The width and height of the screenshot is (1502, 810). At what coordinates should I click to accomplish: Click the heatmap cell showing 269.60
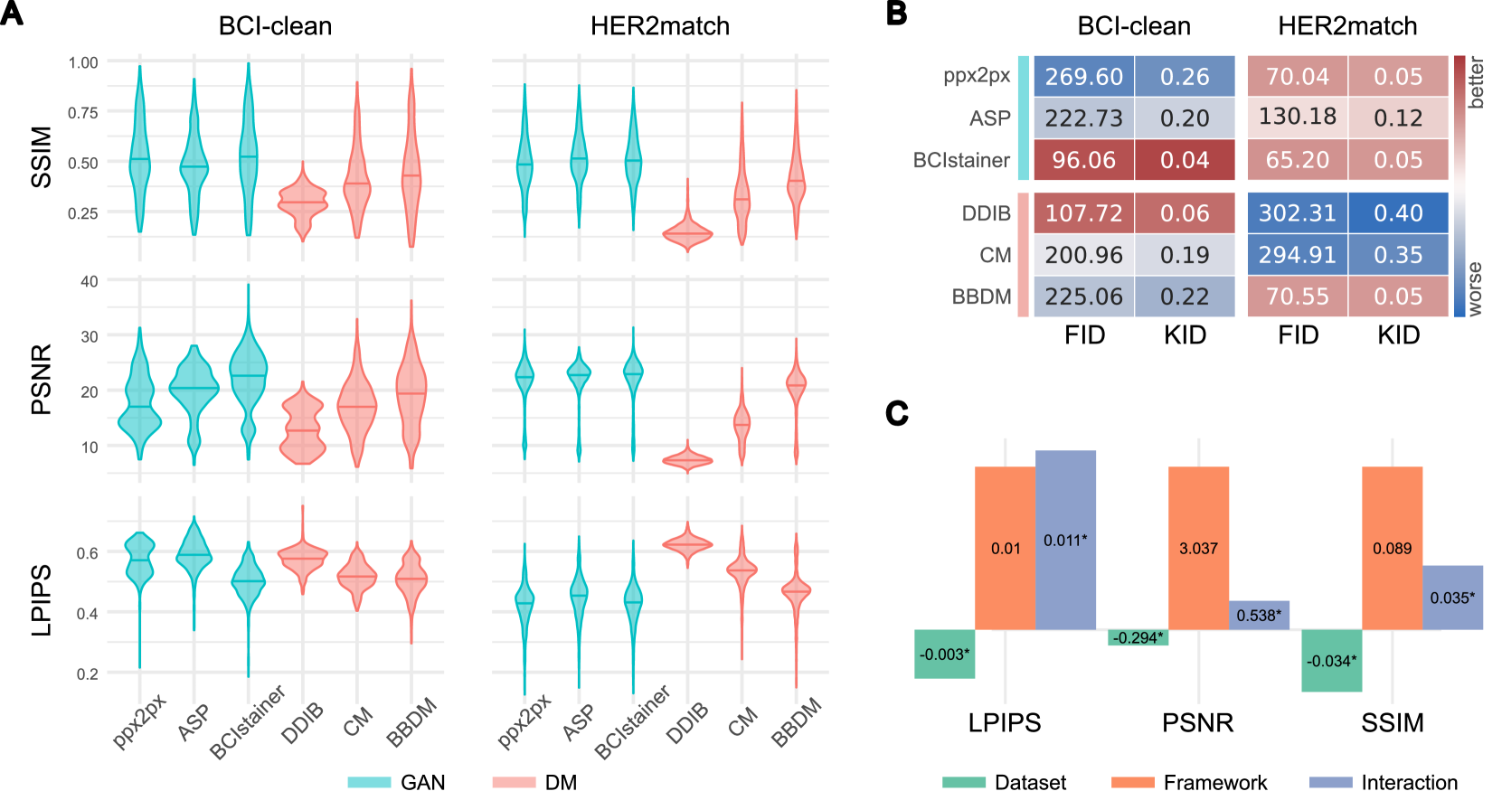point(1083,77)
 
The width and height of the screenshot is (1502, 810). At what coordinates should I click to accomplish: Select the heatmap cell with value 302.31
point(1297,213)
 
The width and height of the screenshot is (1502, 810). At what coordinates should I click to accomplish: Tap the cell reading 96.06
point(1083,160)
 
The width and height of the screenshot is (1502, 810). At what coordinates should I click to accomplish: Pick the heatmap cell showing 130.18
point(1297,118)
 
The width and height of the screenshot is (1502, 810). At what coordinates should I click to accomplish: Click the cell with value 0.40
point(1398,213)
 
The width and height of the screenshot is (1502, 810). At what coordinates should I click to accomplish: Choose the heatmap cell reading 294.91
point(1297,255)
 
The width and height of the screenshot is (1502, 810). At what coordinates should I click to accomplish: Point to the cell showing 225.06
point(1083,297)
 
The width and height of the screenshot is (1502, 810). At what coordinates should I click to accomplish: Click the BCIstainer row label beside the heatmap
point(961,161)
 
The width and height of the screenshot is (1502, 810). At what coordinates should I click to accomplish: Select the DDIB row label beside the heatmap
point(986,214)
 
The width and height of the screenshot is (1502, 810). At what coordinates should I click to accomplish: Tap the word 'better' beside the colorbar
point(1476,82)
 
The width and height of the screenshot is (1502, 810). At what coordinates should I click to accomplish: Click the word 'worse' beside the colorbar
point(1476,289)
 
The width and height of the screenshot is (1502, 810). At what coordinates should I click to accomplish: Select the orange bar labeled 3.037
point(1198,548)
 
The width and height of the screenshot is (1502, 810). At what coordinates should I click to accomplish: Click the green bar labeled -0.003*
point(944,654)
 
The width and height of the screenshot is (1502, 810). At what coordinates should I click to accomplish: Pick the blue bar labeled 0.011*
point(1065,540)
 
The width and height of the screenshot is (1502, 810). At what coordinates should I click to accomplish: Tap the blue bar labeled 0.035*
point(1452,598)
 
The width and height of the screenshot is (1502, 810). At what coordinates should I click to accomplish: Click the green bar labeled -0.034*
point(1331,661)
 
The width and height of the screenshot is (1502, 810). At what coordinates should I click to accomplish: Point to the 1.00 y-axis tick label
point(83,62)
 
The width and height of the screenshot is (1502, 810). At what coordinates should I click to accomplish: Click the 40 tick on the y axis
point(89,281)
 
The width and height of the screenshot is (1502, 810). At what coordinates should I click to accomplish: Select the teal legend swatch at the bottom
point(369,782)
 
